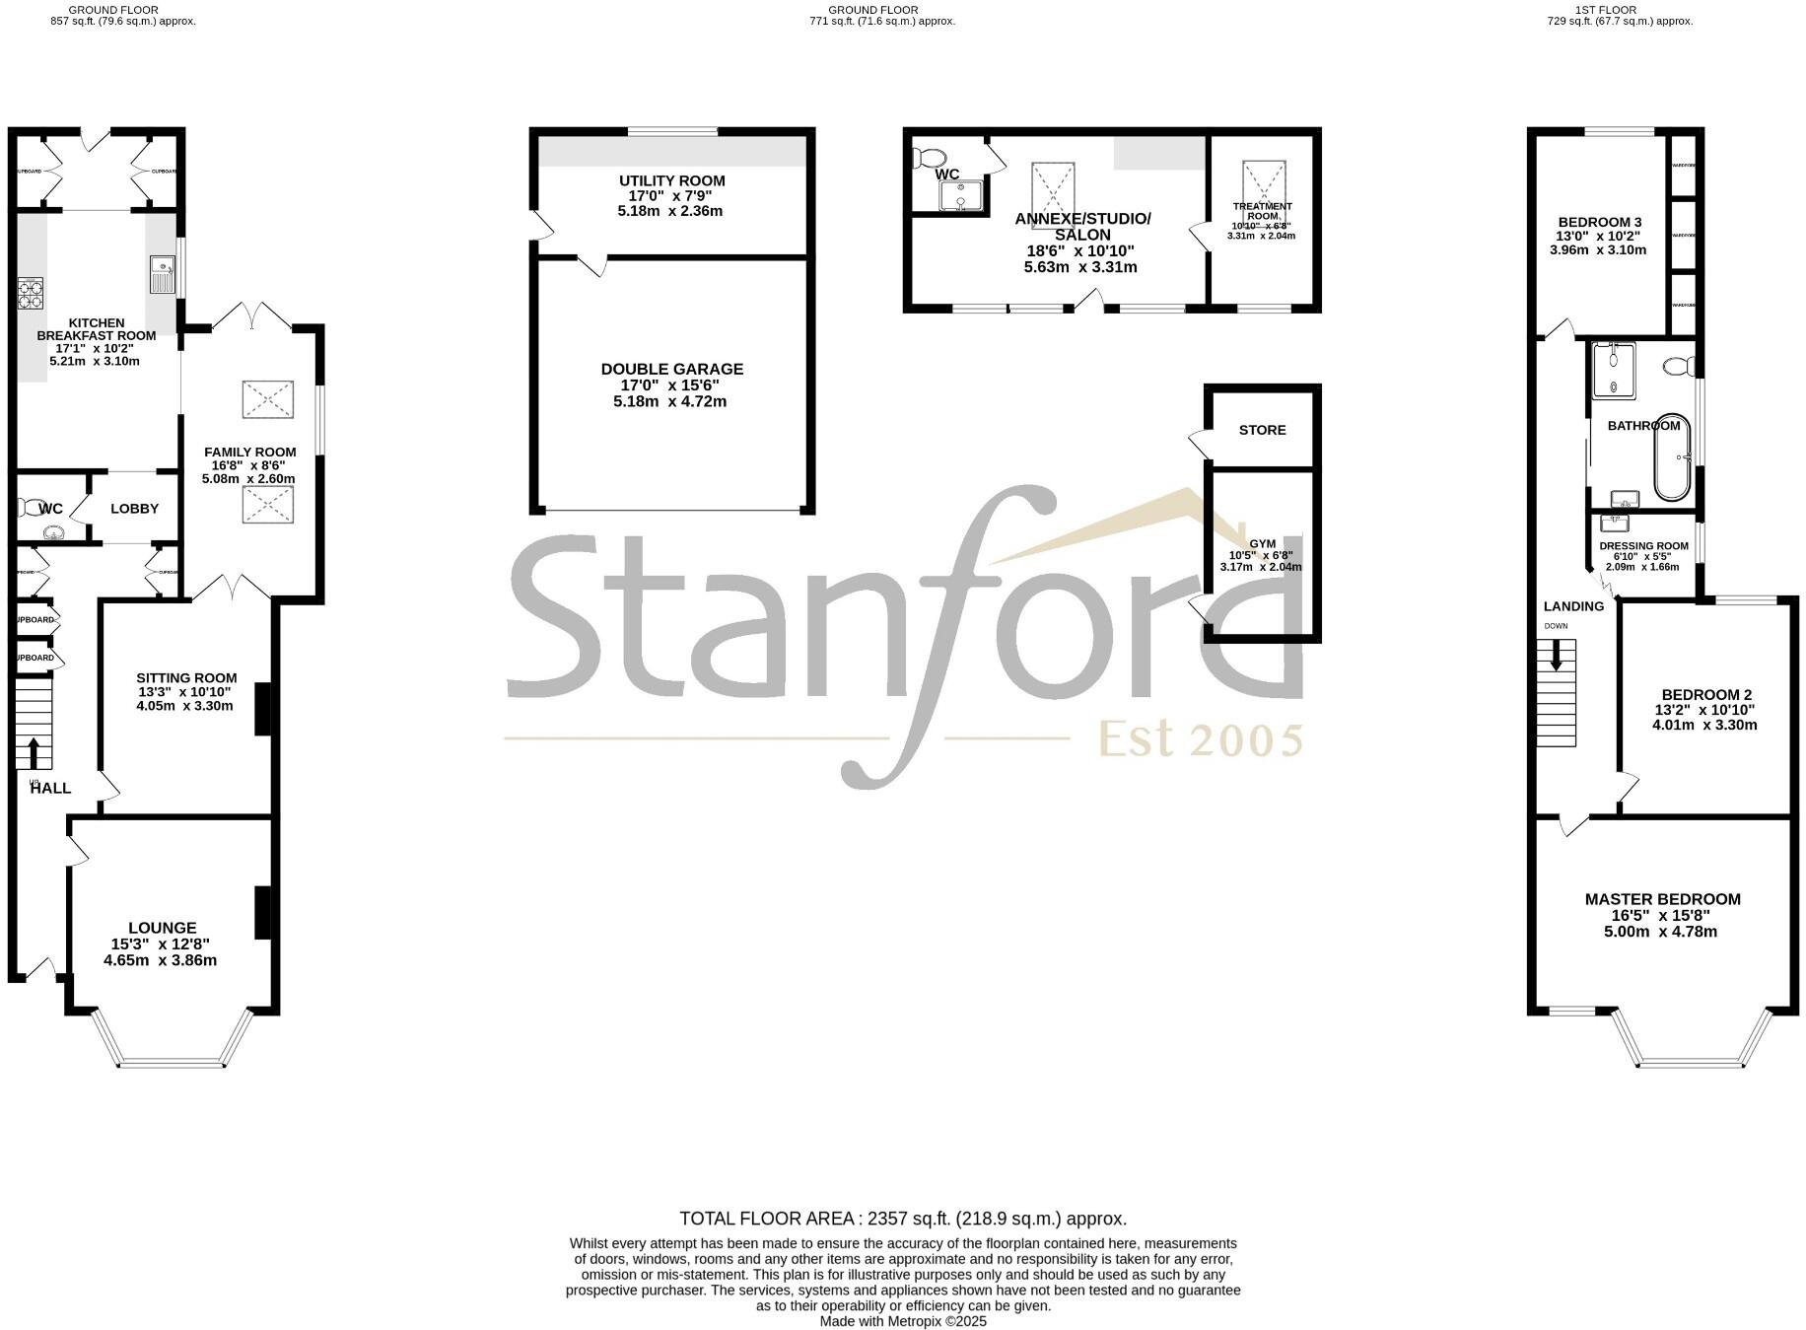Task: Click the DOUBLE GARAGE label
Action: point(671,370)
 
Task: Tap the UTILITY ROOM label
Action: point(671,181)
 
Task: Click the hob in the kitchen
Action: point(31,294)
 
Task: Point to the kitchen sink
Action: point(161,274)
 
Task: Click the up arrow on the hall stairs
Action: point(35,753)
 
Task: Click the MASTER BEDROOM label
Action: point(1662,899)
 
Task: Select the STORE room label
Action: point(1262,430)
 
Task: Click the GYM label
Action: point(1262,543)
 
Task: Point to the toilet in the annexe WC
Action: point(929,157)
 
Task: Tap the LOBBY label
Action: point(134,509)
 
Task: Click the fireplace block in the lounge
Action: point(263,913)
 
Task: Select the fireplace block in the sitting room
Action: point(263,709)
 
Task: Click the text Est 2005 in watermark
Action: point(1201,739)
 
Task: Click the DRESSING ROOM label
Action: point(1643,546)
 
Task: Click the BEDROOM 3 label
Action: point(1599,222)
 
